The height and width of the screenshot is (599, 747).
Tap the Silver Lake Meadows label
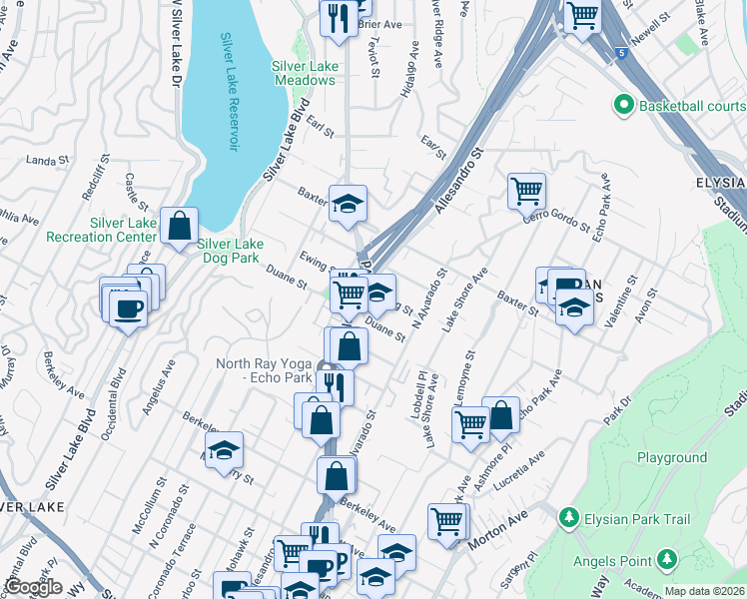[305, 73]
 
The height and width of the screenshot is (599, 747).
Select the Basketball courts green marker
[624, 105]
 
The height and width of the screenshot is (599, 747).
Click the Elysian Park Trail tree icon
[568, 518]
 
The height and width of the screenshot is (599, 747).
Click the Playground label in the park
[672, 458]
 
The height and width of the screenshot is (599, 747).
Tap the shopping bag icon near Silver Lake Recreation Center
[179, 226]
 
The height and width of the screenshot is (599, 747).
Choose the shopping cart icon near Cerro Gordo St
[526, 189]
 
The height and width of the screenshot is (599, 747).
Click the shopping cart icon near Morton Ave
[447, 520]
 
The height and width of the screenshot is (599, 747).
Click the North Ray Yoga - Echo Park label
[264, 371]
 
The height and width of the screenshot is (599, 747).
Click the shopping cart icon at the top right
[582, 15]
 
